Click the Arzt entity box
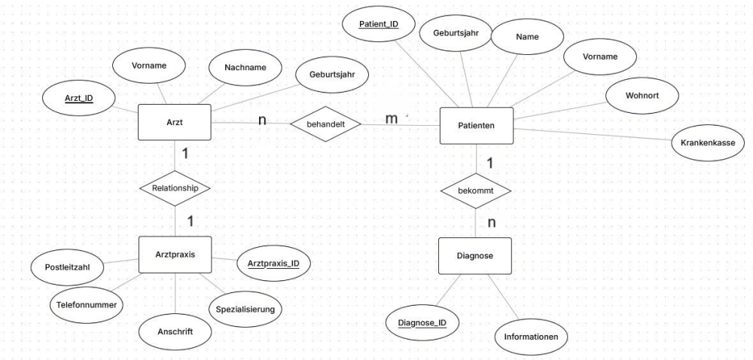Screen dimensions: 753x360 tap(175, 123)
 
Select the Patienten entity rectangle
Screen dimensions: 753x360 tap(477, 126)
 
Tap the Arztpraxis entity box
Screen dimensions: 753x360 tap(175, 255)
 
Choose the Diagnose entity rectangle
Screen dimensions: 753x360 tap(475, 256)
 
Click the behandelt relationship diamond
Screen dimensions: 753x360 tap(325, 124)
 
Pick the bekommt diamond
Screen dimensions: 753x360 tap(475, 191)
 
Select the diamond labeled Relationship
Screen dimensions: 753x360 tap(175, 188)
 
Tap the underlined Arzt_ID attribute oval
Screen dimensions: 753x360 tap(79, 99)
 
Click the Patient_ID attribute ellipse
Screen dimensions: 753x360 tap(379, 24)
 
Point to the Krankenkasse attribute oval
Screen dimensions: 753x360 tap(707, 142)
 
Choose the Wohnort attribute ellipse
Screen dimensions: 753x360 tap(642, 96)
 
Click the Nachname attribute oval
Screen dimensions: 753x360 tap(245, 68)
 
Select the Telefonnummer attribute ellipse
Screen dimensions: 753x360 tap(87, 305)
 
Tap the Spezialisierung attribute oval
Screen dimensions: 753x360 tap(245, 309)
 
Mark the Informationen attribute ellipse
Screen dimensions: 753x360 tap(531, 337)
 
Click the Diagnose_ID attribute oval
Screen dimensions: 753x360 tap(422, 322)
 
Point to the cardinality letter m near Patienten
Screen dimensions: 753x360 tap(392, 118)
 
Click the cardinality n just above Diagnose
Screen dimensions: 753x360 tap(492, 223)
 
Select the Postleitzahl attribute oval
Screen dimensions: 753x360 tap(67, 267)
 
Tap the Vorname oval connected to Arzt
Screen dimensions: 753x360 tap(149, 66)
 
